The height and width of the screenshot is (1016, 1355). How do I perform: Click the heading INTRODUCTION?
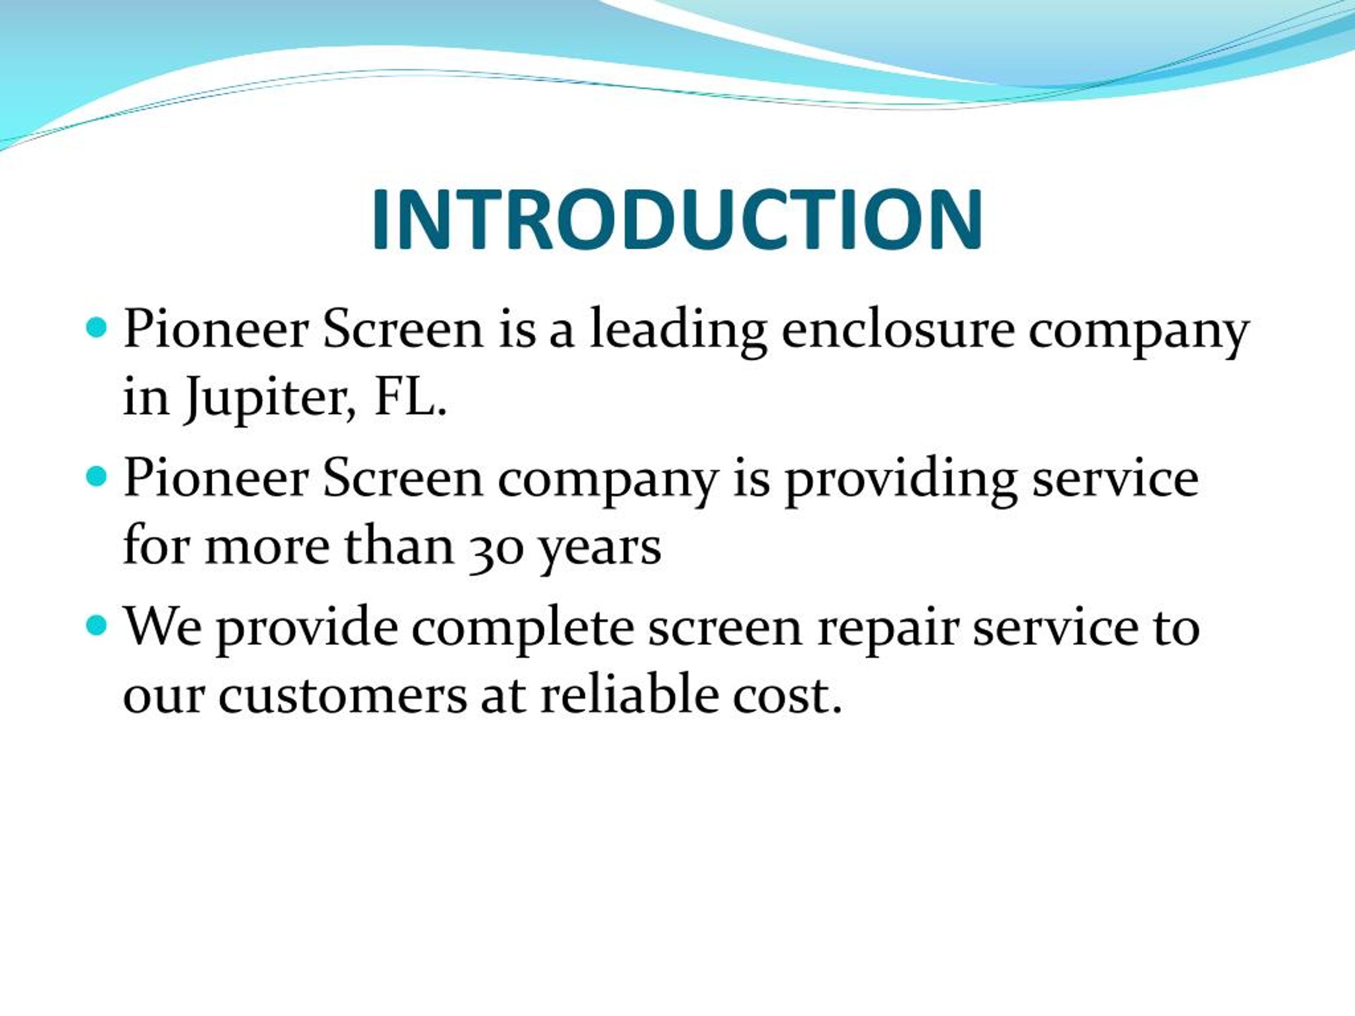(x=677, y=220)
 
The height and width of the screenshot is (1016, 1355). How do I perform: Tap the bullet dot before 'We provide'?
(x=96, y=625)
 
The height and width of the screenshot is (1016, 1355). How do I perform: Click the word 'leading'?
(x=677, y=331)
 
